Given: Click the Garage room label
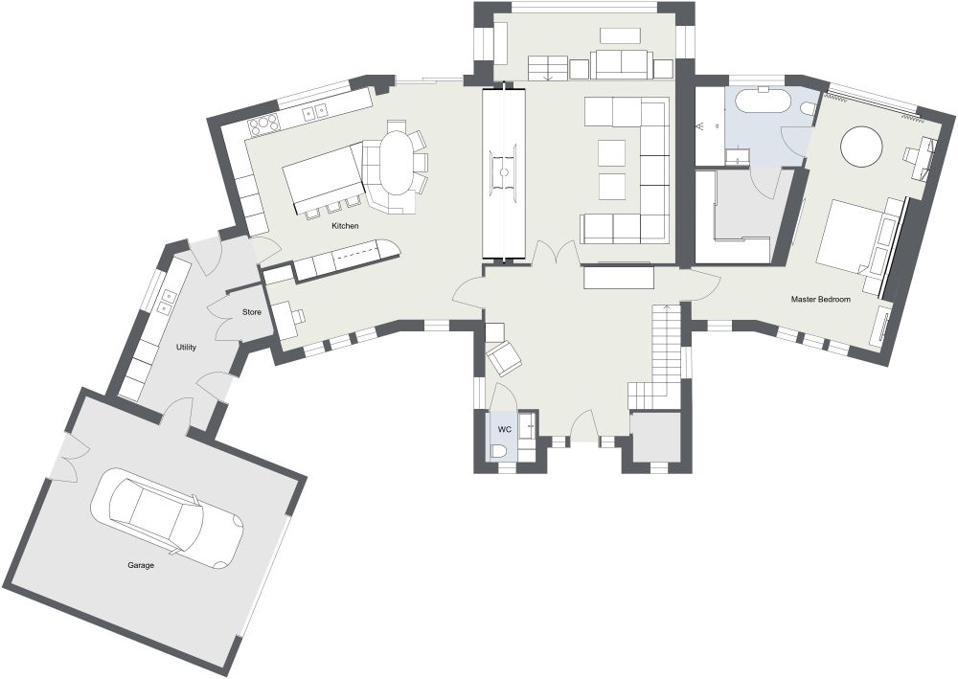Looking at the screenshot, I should [x=141, y=565].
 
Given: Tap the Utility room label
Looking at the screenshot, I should [x=186, y=347].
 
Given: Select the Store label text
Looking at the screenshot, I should [x=252, y=312].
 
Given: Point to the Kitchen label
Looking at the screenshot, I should [x=345, y=226].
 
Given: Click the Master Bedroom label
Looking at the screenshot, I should [x=820, y=300].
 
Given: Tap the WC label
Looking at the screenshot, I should [x=504, y=430].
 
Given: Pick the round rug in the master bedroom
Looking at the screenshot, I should [x=861, y=147].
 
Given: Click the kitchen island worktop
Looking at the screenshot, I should [x=322, y=176].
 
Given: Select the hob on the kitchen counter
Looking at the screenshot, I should [x=263, y=124].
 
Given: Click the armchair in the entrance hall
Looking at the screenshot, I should [x=505, y=358].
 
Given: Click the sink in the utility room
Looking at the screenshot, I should [x=168, y=299].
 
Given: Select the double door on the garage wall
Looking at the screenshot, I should [x=67, y=461].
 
